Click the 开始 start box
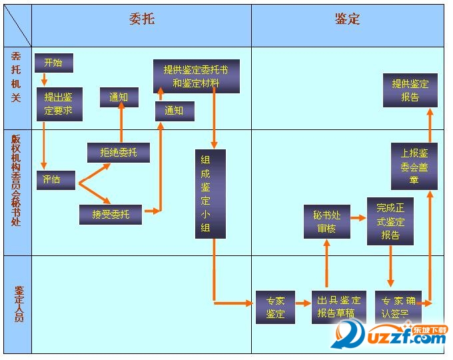53,63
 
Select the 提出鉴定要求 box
59,104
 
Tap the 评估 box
55,179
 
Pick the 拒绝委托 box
119,153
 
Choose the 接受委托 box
110,214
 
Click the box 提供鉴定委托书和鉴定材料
196,76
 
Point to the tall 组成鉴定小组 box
210,194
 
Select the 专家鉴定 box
275,307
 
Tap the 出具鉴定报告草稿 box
339,307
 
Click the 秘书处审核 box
327,222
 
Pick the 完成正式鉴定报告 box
390,221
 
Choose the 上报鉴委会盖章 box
414,166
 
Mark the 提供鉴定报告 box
410,91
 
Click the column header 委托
141,19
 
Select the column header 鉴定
347,19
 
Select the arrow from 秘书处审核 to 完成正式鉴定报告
359,218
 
